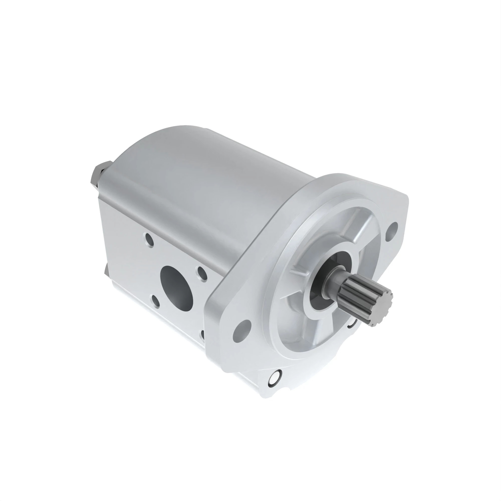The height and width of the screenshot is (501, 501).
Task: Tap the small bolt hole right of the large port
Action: pyautogui.click(x=202, y=273)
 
